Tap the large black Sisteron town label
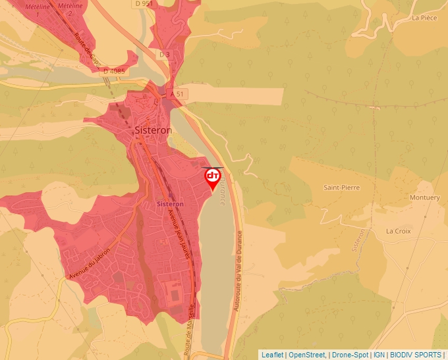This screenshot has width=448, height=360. (153, 130)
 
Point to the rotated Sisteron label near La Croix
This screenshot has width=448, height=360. (359, 241)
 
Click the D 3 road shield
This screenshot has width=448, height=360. (164, 54)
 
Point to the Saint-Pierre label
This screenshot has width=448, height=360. (341, 188)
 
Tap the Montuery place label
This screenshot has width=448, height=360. (424, 197)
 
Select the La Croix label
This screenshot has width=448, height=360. (398, 231)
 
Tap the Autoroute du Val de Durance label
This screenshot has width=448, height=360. (238, 270)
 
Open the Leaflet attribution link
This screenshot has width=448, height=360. (272, 355)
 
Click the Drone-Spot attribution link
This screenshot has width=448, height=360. (350, 355)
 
